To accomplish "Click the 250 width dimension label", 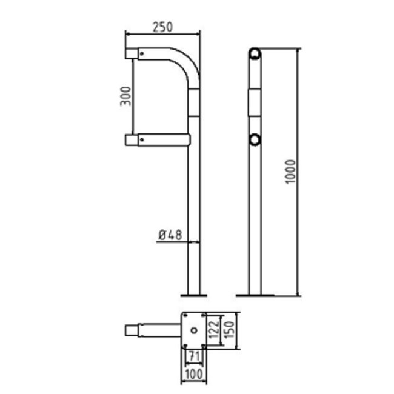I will click(163, 27).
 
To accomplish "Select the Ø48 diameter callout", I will click(170, 235).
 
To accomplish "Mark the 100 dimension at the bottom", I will click(193, 375).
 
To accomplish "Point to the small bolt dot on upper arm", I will click(142, 53).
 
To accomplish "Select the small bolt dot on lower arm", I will click(142, 139).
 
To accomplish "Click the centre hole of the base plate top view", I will click(193, 330).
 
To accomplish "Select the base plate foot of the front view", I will click(193, 295).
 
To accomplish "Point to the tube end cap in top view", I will click(131, 330).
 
